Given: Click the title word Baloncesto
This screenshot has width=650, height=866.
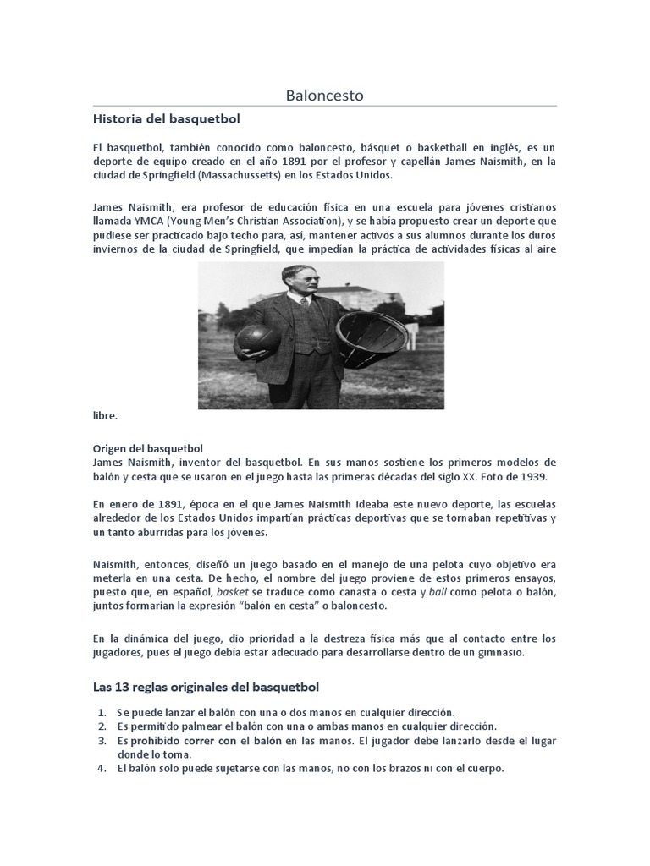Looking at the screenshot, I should [324, 96].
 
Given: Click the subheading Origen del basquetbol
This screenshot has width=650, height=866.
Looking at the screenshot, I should [147, 447].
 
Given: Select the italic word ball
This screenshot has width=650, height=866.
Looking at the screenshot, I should [437, 593].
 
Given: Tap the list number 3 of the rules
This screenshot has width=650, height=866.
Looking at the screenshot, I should [102, 740].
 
